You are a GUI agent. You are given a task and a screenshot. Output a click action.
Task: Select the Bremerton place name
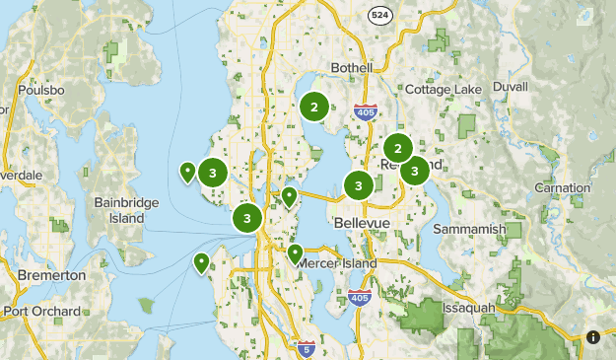click(x=52, y=275)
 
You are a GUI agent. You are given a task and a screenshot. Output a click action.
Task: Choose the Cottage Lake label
click(x=443, y=90)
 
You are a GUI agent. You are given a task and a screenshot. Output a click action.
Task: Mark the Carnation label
click(x=562, y=187)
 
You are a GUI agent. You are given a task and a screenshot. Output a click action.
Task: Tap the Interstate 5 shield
click(x=306, y=347)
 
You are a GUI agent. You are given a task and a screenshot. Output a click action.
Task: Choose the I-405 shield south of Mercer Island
click(x=360, y=298)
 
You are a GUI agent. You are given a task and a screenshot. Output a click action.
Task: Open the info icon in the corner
click(x=593, y=337)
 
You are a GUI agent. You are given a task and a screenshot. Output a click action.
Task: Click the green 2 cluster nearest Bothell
click(x=313, y=107)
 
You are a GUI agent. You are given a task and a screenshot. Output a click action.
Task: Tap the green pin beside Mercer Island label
click(x=295, y=252)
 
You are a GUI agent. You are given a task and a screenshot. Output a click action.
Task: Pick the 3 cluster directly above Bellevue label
click(x=358, y=184)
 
